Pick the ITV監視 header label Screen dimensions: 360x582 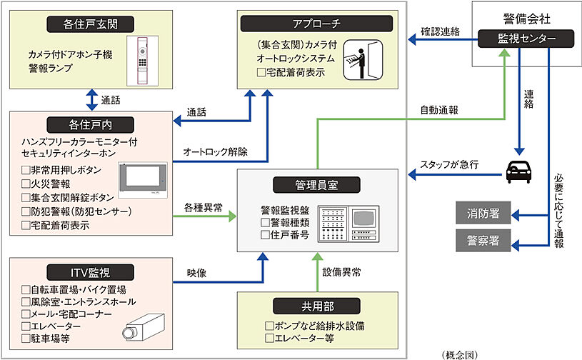pos(91,271)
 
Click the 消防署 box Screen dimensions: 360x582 pos(483,212)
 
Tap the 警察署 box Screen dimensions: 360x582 pos(483,241)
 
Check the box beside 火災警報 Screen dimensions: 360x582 pos(26,184)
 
